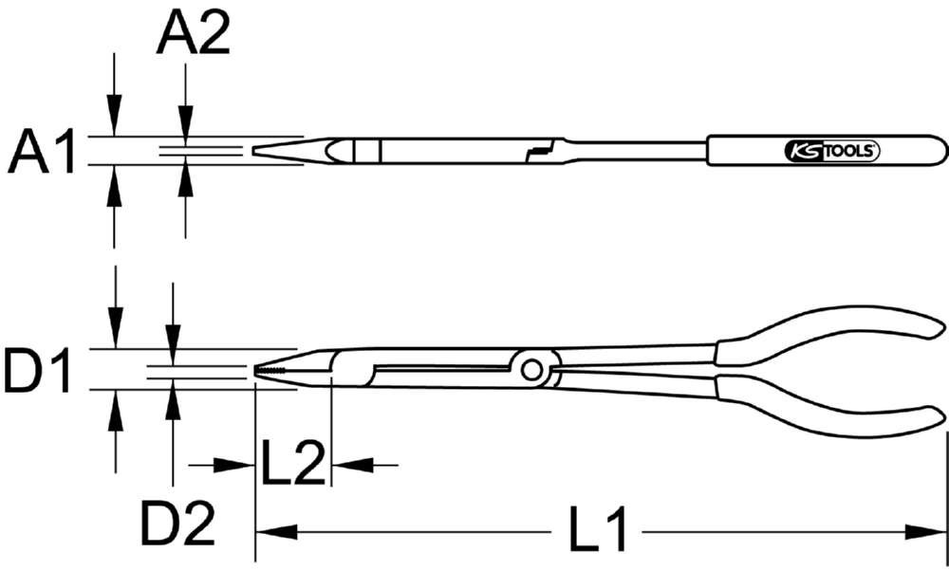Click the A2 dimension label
[x=193, y=36]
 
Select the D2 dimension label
[x=177, y=522]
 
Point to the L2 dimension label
[x=293, y=464]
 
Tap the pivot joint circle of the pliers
[x=530, y=368]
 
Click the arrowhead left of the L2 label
[x=241, y=464]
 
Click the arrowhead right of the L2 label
[x=345, y=464]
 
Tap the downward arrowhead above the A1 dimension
[x=114, y=123]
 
